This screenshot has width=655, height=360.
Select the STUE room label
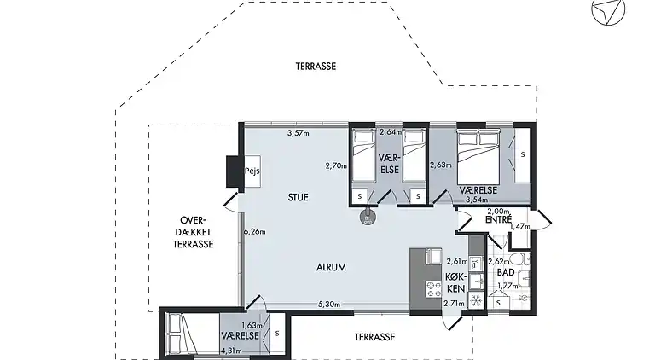point(299,197)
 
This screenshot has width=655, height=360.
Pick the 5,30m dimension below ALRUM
point(330,304)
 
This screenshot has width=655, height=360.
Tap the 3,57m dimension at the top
point(298,133)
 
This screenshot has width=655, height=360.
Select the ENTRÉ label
point(497,220)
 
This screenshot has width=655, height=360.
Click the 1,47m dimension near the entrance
point(520,227)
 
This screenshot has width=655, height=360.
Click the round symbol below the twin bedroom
point(367,218)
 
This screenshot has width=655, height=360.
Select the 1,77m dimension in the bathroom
point(509,286)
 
